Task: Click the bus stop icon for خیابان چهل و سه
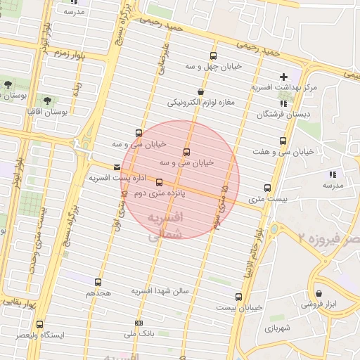pos(213,56)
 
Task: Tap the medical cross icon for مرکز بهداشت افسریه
pos(284,77)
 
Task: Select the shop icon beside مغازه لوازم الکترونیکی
pos(201,91)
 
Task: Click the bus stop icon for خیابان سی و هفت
pos(283,141)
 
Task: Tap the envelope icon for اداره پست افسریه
pos(117,167)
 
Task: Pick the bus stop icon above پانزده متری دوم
pos(159,182)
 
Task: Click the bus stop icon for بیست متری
pos(267,188)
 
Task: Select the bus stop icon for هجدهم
pos(98,282)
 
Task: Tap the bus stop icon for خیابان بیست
pos(238,297)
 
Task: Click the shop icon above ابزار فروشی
pos(319,294)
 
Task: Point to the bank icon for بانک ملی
pos(138,323)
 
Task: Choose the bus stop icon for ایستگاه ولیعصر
pos(39,325)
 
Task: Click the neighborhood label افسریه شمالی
pos(167,226)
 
